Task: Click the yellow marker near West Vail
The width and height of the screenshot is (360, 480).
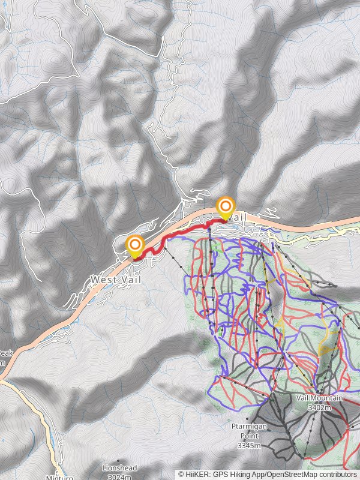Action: [135, 245]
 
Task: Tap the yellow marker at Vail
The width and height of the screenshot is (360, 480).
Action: [226, 206]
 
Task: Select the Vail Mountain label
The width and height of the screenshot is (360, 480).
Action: [319, 398]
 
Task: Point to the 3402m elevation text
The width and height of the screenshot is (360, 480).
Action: [319, 407]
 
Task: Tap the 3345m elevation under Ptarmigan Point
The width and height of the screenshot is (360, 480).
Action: [249, 446]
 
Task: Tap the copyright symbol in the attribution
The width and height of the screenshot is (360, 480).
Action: [181, 475]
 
